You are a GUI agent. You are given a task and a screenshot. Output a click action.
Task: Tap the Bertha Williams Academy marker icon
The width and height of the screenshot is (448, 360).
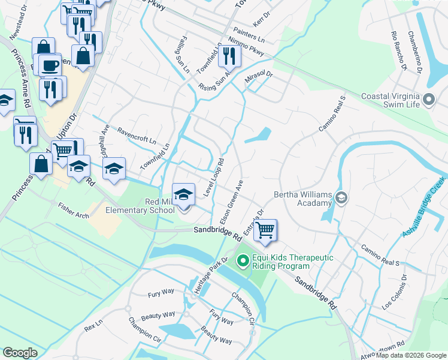[341, 197]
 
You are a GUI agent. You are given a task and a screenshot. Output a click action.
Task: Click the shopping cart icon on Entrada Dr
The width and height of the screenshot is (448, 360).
[265, 229]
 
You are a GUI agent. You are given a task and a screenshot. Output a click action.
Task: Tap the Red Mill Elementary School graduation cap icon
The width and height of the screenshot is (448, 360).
[184, 194]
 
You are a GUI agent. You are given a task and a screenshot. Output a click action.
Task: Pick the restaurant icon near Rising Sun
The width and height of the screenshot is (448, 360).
[229, 56]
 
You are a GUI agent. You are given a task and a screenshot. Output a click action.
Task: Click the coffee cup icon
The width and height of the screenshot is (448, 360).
[50, 64]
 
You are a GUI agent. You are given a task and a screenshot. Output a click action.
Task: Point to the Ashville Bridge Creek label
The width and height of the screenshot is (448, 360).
[425, 207]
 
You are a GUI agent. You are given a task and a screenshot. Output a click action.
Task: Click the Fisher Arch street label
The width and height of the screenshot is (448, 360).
[73, 210]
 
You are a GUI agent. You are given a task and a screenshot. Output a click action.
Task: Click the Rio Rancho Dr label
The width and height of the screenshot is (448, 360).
[398, 52]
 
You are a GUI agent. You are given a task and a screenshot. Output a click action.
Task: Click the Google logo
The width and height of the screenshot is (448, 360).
[20, 353]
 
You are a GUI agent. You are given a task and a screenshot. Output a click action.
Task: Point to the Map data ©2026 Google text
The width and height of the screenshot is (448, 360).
[410, 355]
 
